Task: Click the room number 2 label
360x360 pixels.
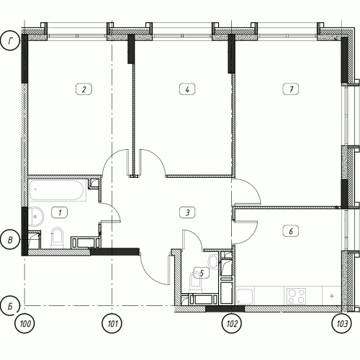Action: click(x=84, y=89)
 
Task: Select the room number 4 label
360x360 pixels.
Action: click(x=187, y=89)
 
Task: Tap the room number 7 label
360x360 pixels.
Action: click(x=291, y=89)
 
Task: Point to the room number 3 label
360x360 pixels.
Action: click(x=187, y=212)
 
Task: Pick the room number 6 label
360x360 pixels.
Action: click(x=291, y=231)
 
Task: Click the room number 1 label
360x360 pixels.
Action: click(x=60, y=212)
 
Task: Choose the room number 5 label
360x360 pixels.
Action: click(x=202, y=273)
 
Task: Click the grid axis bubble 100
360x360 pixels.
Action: click(x=24, y=323)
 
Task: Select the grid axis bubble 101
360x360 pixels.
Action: click(x=112, y=323)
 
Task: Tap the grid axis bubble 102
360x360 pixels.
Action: click(x=231, y=323)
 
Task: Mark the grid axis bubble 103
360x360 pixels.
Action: click(x=341, y=323)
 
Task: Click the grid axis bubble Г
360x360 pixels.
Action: click(x=10, y=41)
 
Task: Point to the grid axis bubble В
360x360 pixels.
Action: click(x=10, y=240)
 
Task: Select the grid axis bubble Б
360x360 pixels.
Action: click(x=10, y=306)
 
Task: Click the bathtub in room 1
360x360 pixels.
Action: click(x=58, y=190)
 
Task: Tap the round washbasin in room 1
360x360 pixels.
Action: click(x=36, y=217)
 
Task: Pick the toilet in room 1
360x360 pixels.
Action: click(x=58, y=238)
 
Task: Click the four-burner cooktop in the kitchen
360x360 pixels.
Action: click(x=296, y=296)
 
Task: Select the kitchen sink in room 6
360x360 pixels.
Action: click(x=245, y=297)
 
